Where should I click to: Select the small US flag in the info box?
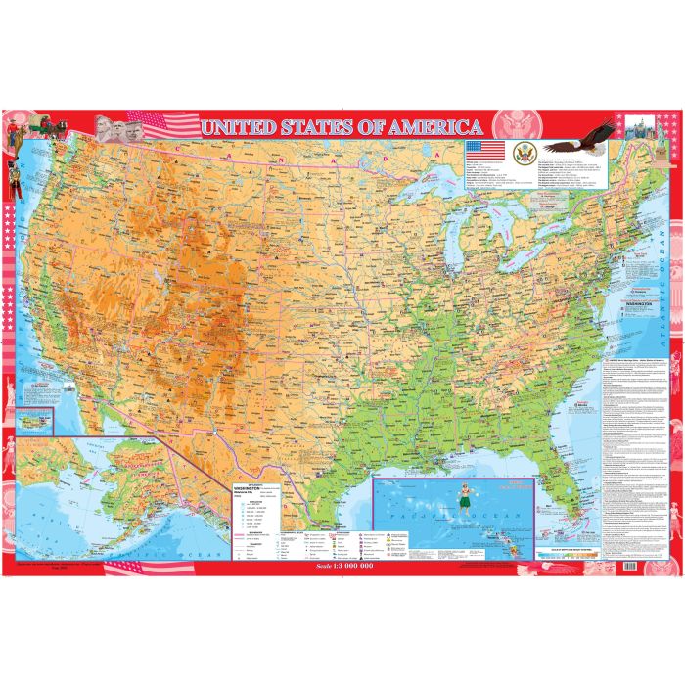(x=486, y=150)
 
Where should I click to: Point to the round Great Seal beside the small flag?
(x=522, y=151)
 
